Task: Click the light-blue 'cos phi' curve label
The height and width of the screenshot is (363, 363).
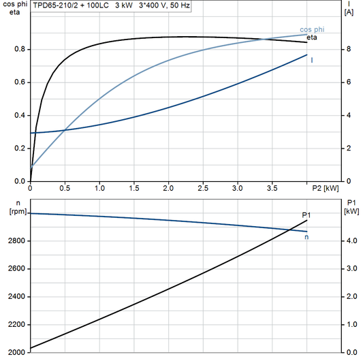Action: click(312, 29)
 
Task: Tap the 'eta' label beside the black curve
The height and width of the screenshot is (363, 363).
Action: click(312, 37)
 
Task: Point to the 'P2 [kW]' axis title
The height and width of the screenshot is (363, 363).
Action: click(326, 187)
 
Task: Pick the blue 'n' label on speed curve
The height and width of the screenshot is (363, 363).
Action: click(306, 237)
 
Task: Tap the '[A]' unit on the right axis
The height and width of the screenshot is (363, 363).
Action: click(349, 12)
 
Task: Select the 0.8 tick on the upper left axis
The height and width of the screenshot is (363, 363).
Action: click(20, 49)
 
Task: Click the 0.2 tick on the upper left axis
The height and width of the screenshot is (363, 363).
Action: click(20, 148)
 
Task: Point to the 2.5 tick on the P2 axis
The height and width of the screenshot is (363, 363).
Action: click(203, 187)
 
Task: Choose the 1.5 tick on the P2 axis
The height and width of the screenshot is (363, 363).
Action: click(134, 187)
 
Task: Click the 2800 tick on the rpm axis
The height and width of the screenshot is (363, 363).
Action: click(16, 241)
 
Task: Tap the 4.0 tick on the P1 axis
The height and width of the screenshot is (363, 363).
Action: click(350, 241)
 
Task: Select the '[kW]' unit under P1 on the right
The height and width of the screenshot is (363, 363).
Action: click(351, 211)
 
